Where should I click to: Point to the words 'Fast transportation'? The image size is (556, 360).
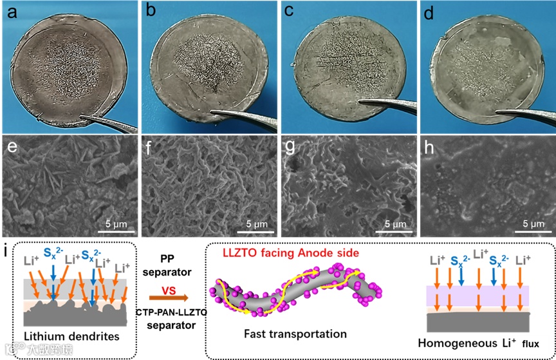pos(295,334)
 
